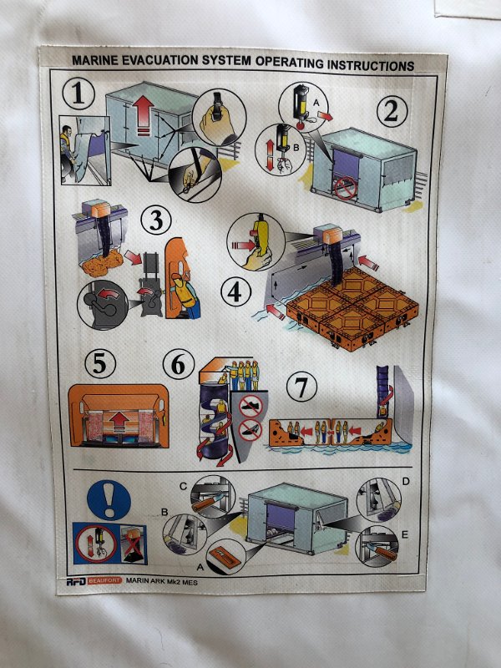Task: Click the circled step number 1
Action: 78,94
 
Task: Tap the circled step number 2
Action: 392,111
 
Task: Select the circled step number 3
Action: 156,220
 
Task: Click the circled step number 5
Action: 100,363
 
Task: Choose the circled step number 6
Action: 179,364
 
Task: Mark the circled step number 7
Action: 301,387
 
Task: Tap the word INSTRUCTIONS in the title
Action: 371,65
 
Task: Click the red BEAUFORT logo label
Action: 105,580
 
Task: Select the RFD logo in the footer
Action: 76,581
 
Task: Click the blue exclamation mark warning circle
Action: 109,499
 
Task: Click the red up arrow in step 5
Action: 119,422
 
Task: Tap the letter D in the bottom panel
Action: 406,482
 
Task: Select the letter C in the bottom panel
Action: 183,487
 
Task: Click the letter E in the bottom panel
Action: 405,534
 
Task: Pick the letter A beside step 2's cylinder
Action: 316,102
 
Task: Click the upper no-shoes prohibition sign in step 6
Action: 249,406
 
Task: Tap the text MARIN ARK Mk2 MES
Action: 161,581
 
